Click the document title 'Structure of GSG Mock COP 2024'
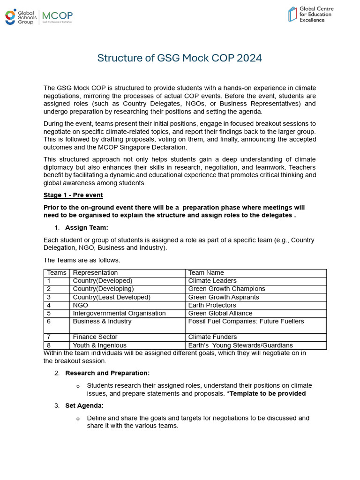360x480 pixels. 180,58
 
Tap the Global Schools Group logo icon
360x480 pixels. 10,16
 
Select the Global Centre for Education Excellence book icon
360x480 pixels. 292,14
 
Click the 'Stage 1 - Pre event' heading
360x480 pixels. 73,195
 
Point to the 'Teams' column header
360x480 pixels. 57,273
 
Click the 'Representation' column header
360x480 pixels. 96,273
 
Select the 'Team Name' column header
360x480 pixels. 206,273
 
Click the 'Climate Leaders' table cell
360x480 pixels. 212,281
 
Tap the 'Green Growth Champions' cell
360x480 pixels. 226,289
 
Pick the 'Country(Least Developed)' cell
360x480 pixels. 112,297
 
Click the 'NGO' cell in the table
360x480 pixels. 81,305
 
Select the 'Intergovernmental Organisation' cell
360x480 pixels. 119,313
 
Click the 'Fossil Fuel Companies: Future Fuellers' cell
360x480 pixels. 246,322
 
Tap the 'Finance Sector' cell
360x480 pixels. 95,337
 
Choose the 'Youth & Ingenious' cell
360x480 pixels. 99,345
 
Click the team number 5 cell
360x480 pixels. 48,313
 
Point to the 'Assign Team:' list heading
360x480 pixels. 87,228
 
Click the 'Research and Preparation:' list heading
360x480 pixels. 107,373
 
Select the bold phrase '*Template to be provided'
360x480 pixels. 266,394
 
